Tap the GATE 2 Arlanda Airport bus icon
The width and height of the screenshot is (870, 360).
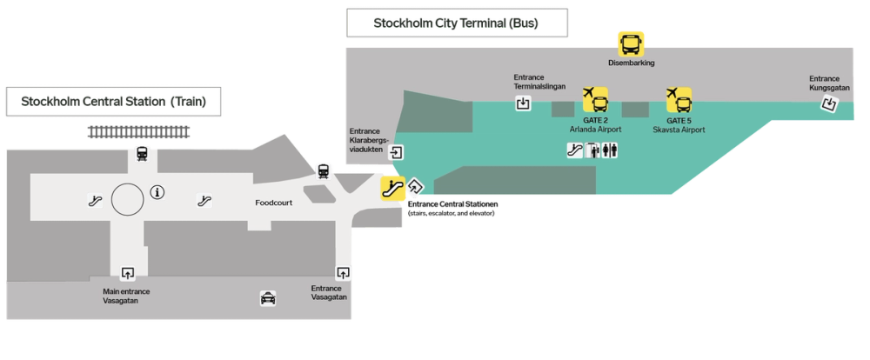pyautogui.click(x=595, y=99)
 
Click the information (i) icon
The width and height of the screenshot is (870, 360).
pyautogui.click(x=157, y=193)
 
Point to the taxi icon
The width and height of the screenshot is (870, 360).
pyautogui.click(x=268, y=298)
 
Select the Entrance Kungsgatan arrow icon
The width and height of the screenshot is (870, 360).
pyautogui.click(x=829, y=104)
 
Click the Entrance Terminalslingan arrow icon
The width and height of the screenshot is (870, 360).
pyautogui.click(x=523, y=104)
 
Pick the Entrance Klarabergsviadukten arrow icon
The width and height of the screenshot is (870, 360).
pyautogui.click(x=397, y=152)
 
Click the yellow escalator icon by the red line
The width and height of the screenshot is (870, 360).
pyautogui.click(x=392, y=186)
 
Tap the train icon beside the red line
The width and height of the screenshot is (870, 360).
pyautogui.click(x=324, y=170)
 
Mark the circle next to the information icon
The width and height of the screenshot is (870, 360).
pyautogui.click(x=126, y=199)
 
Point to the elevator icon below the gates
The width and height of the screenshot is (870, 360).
pyautogui.click(x=592, y=151)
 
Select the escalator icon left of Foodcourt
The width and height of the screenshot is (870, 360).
pyautogui.click(x=204, y=199)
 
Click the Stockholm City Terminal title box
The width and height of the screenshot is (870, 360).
pyautogui.click(x=456, y=23)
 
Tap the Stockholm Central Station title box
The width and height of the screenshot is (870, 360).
pyautogui.click(x=115, y=101)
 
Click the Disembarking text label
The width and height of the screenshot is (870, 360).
pyautogui.click(x=631, y=63)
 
